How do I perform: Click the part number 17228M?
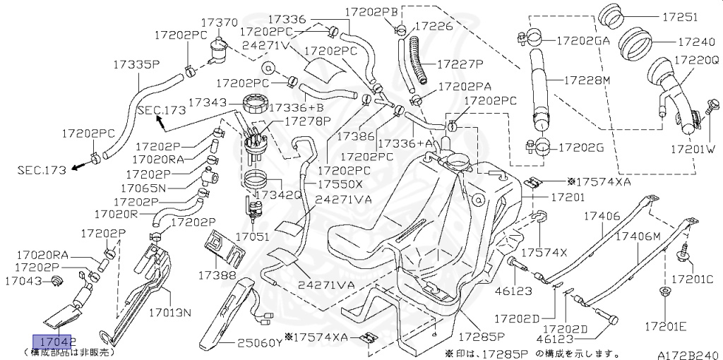point(586,80)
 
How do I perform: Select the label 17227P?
point(460,64)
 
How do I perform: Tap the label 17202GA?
point(582,41)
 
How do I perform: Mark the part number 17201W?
point(693,149)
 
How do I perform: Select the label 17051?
point(252,237)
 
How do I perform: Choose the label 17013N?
point(170,311)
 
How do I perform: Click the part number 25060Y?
point(259,343)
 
